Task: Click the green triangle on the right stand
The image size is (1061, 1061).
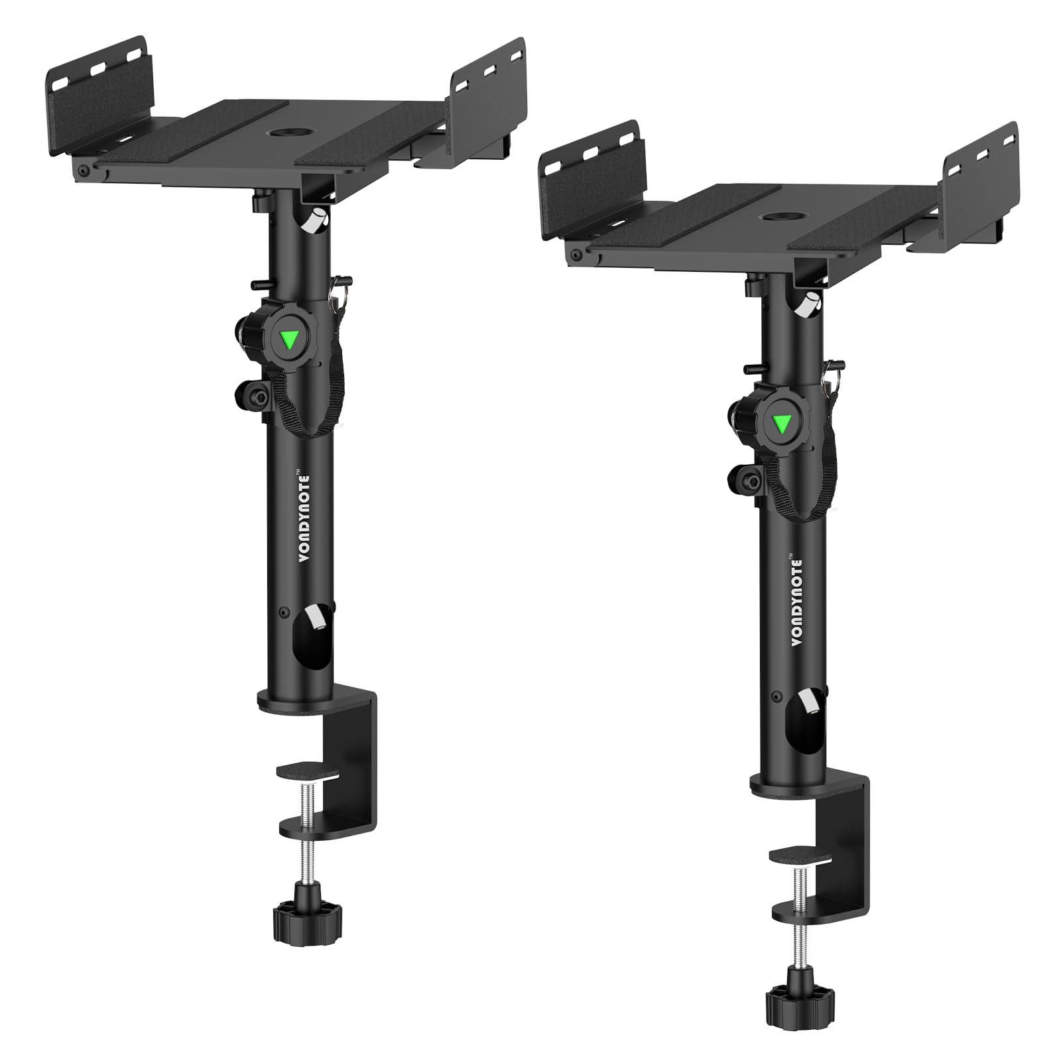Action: (781, 423)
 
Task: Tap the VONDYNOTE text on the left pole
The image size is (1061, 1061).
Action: (304, 519)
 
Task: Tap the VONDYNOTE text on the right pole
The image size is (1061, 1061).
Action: (796, 601)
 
